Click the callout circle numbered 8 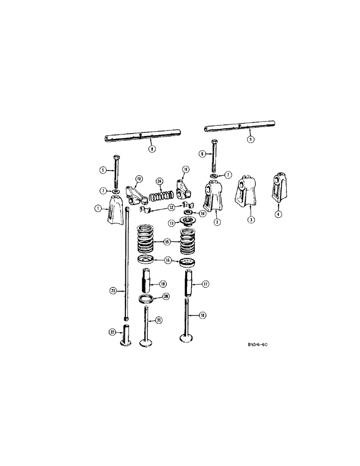coord(151,149)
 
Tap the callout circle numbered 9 coord(251,139)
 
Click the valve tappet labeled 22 coord(126,336)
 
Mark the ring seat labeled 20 coord(147,299)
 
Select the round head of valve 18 coord(188,338)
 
